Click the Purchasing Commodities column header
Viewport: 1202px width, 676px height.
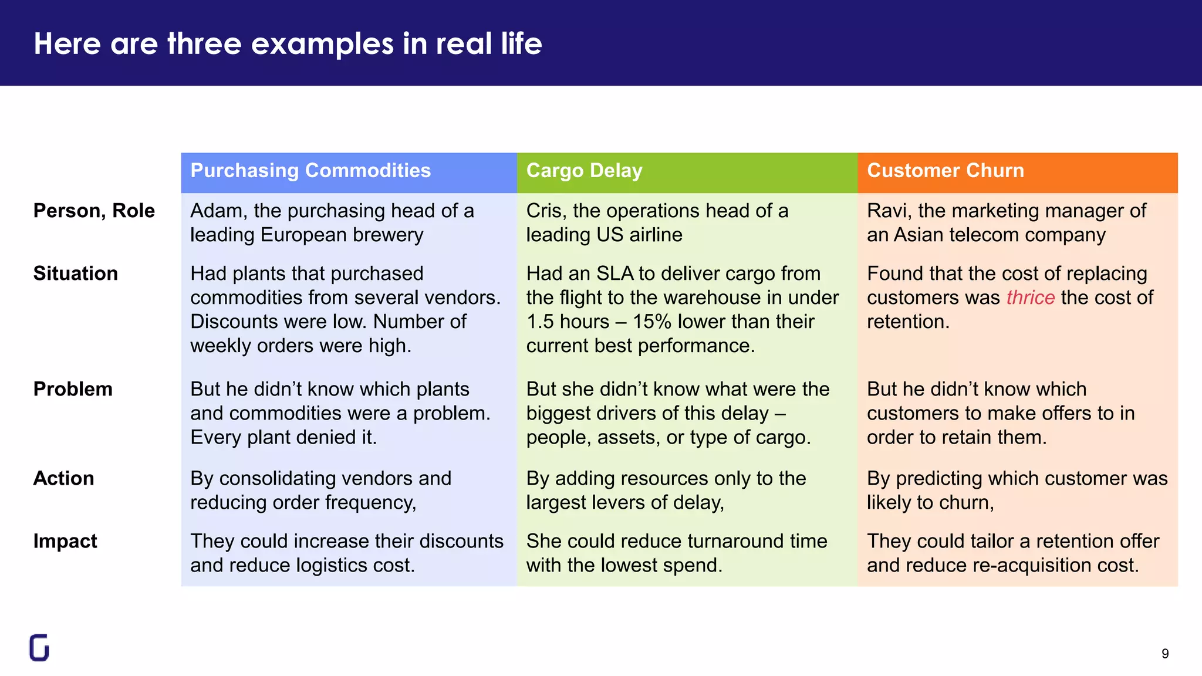310,171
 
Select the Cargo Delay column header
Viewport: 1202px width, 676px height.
584,171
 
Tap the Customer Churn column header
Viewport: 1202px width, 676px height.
945,171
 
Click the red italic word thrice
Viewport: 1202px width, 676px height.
1030,298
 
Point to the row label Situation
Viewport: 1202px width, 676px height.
75,273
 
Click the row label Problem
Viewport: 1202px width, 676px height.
73,389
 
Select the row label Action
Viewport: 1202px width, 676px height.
63,478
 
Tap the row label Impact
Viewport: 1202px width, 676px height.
65,541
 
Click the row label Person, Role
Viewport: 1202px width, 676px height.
94,211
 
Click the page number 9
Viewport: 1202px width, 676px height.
1165,654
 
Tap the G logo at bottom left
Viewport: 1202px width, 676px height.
39,648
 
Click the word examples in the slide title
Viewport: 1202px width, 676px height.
322,44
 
